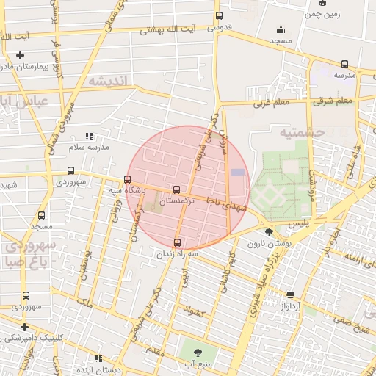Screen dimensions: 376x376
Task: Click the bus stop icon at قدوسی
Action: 219,16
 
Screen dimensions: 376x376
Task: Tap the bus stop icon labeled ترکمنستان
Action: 176,189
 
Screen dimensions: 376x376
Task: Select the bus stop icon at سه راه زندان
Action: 176,242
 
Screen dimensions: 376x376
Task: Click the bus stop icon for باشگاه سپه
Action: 128,179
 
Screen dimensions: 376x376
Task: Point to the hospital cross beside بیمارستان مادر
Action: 20,56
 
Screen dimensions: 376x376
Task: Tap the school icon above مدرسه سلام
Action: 89,136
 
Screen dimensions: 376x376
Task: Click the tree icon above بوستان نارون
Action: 267,232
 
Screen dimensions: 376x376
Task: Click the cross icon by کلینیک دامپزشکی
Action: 24,327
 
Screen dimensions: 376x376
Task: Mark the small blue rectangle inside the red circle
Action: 238,172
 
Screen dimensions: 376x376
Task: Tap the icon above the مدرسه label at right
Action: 345,64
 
